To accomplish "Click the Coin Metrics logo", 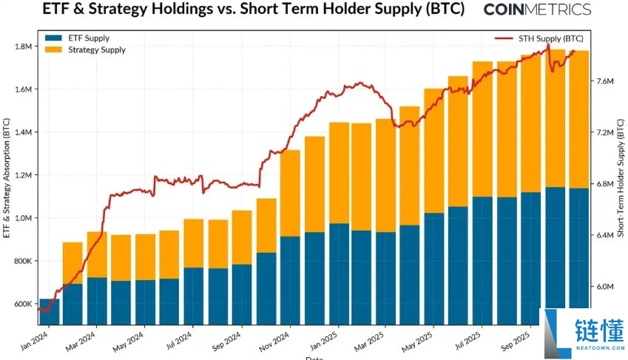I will [536, 10].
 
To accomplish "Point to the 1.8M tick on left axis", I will [22, 47].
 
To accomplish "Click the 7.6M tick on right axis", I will [606, 81].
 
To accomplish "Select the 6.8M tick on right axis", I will [606, 184].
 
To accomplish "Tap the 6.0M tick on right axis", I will [606, 287].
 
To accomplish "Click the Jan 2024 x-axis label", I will [36, 341].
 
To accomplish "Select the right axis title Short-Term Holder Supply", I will [620, 180].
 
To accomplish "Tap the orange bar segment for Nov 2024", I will [290, 193].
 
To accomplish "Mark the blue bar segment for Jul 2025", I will [482, 262].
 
